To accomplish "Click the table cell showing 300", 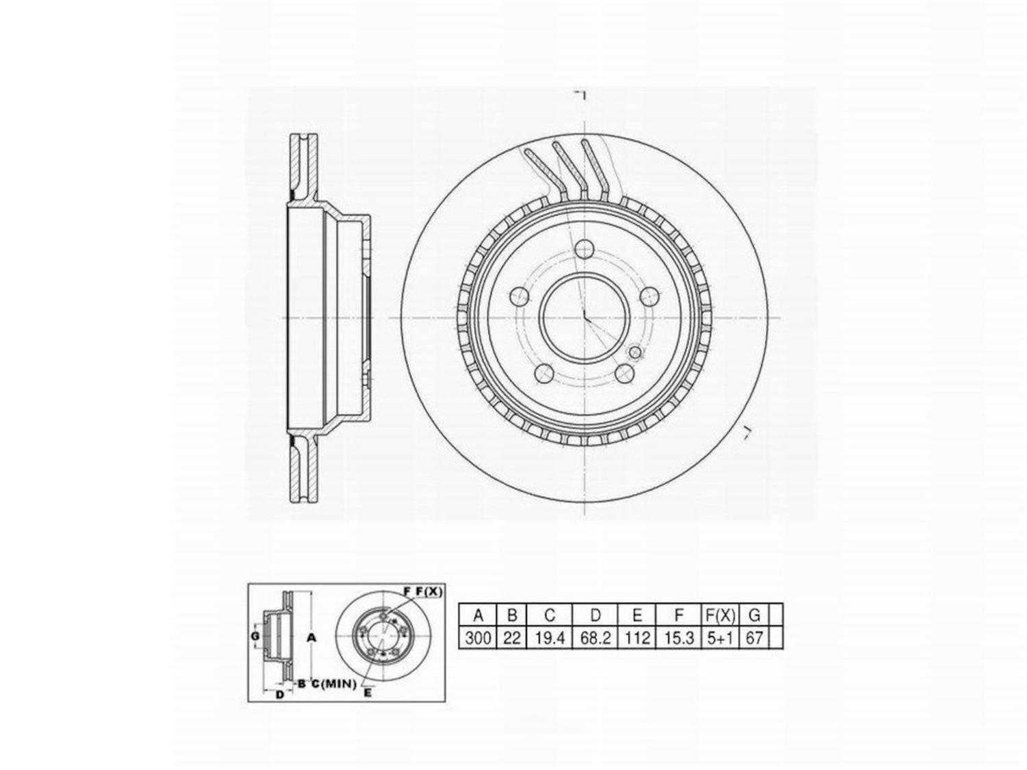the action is (477, 638).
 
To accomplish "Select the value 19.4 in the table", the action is (549, 638).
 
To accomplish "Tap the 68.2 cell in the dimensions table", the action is (595, 638).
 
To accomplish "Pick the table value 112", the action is (637, 638).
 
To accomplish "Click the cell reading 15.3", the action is (679, 638).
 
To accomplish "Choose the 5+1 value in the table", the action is (720, 638).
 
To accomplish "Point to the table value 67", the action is (755, 638).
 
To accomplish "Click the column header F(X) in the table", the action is (720, 615).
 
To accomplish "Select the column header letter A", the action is (478, 615).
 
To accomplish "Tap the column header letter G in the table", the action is (755, 615).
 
